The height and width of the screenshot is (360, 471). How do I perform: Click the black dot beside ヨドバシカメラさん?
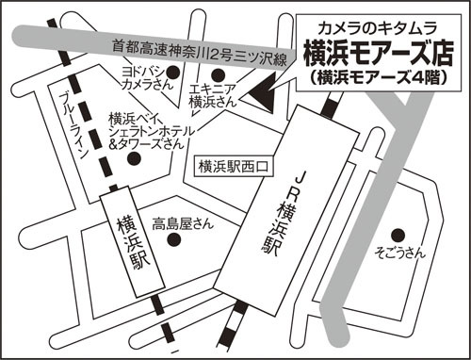tap(172, 73)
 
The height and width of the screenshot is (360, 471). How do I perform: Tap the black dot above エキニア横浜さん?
tap(218, 74)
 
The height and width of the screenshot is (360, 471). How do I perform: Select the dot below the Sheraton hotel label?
tap(134, 158)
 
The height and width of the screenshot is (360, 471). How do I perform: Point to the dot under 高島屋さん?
tap(173, 239)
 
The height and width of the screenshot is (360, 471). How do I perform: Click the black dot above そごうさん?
tap(398, 235)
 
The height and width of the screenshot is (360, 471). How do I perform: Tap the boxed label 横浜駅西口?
tap(234, 166)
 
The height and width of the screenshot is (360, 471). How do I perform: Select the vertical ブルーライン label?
tap(73, 125)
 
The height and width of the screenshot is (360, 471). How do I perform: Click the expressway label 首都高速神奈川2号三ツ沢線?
tap(200, 52)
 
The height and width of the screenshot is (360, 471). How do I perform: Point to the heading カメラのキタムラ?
tap(378, 29)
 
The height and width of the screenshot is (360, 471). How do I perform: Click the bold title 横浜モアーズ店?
tap(379, 54)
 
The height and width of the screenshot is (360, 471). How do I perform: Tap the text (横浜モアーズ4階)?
tap(378, 77)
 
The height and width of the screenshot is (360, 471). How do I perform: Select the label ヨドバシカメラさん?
tap(145, 78)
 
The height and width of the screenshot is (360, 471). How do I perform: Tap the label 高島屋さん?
tap(183, 224)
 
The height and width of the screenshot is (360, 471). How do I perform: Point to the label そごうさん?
tap(400, 254)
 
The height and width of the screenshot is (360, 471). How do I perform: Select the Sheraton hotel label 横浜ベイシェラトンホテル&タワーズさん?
tap(151, 131)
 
